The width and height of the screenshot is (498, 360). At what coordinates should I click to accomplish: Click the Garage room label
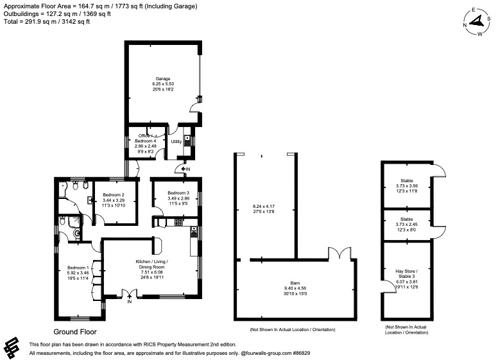162,78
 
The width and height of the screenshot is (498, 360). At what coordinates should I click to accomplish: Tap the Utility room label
176,141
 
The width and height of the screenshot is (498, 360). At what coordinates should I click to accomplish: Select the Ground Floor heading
74,332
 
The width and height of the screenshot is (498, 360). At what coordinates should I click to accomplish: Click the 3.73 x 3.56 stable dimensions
407,186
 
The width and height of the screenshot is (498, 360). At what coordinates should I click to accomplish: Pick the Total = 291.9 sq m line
45,21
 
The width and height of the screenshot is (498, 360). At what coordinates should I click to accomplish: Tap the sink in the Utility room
187,139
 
